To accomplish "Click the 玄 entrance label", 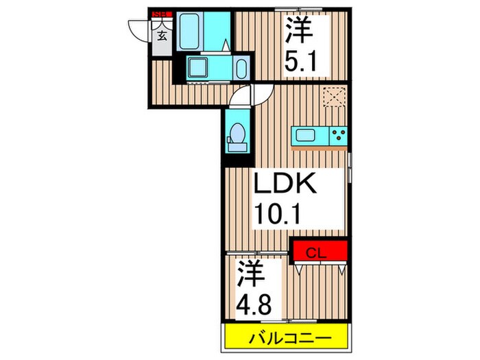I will pos(163,36).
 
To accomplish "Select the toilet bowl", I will pos(237,133).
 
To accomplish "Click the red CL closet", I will pos(320,250).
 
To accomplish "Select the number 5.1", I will pos(301,64).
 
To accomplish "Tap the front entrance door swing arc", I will pos(136,27).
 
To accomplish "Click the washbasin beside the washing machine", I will pos(240,69).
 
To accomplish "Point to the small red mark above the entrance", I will pos(163,12).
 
